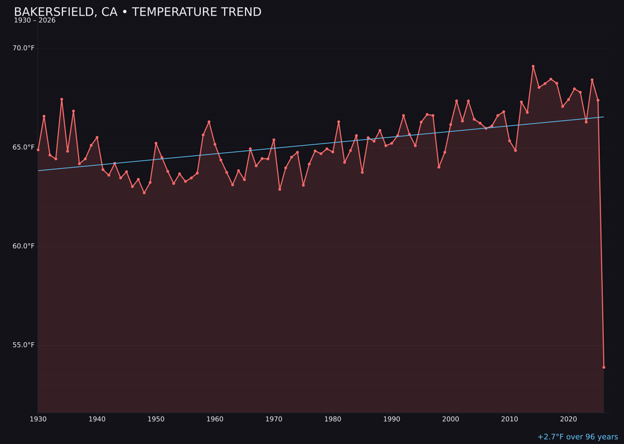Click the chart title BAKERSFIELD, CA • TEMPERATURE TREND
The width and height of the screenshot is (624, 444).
(138, 12)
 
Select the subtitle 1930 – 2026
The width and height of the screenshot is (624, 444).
(35, 21)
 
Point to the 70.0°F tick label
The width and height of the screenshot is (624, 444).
(24, 48)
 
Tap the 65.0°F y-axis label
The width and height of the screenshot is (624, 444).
(24, 147)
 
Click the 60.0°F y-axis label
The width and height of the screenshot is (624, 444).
(24, 246)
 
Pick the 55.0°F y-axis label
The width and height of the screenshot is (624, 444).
(24, 345)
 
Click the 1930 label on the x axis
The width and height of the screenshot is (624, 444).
(38, 419)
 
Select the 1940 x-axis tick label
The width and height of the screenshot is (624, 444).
(97, 419)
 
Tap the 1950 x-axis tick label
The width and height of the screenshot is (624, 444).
(156, 419)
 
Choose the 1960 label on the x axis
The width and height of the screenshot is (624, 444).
(215, 419)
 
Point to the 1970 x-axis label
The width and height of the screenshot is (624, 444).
(274, 419)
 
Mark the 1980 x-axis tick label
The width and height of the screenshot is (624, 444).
(333, 419)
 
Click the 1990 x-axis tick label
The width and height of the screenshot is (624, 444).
(392, 419)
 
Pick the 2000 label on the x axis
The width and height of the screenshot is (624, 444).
(451, 419)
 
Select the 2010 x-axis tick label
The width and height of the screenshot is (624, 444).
(510, 419)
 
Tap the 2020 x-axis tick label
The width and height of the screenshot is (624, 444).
(569, 419)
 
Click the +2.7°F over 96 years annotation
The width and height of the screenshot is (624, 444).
(577, 437)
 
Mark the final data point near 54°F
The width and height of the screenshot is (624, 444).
(604, 367)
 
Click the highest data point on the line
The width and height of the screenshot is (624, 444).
(533, 66)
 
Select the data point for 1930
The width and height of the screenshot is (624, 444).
(38, 150)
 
